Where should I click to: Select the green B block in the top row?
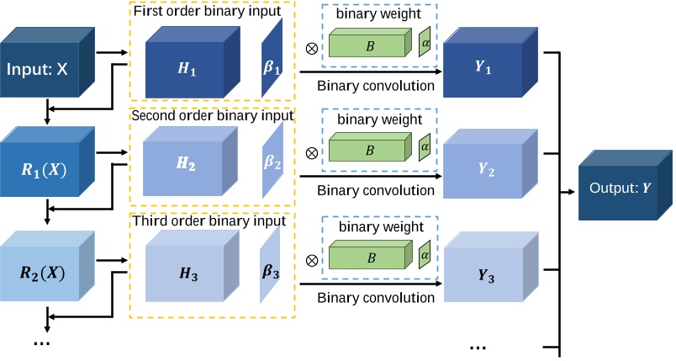371,46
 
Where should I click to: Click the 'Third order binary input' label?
210,221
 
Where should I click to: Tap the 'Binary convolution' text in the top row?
375,84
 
